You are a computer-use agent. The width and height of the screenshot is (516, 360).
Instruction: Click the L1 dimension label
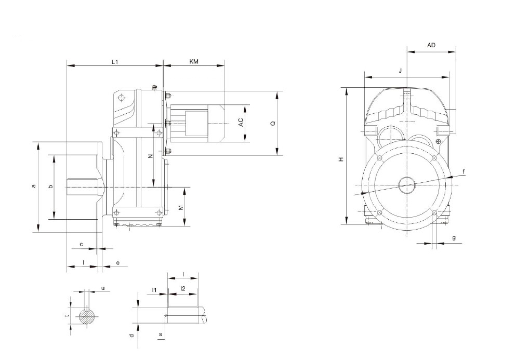[115, 61]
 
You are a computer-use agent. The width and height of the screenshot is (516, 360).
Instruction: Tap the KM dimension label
[194, 61]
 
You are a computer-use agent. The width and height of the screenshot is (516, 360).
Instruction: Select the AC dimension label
[241, 123]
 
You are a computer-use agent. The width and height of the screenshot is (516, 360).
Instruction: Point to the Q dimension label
[273, 124]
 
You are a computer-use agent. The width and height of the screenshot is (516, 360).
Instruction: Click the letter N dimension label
[150, 156]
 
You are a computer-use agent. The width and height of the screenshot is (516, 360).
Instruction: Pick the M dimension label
[181, 208]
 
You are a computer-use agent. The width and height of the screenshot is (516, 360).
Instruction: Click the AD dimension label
[431, 45]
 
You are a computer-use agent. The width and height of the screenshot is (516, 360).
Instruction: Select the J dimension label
[400, 71]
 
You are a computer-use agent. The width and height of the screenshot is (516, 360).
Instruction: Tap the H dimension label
[341, 159]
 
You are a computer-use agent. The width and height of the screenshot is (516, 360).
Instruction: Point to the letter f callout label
[464, 171]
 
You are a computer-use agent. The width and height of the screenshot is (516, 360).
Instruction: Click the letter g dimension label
[454, 237]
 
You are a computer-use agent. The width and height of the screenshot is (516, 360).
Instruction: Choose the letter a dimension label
[33, 186]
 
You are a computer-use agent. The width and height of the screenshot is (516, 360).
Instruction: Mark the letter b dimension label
[50, 186]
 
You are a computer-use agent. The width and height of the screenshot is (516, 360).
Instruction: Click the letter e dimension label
[117, 262]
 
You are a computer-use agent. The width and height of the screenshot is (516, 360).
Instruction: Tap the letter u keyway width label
[103, 288]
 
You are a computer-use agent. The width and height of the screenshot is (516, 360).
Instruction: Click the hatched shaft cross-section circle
[87, 316]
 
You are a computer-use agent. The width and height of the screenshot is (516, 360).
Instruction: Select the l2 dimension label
[183, 289]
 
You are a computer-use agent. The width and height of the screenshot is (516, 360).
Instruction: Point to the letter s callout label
[161, 335]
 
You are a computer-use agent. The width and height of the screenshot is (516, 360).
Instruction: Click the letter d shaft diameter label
[131, 335]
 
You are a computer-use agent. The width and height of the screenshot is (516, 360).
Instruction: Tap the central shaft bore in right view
[407, 185]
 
